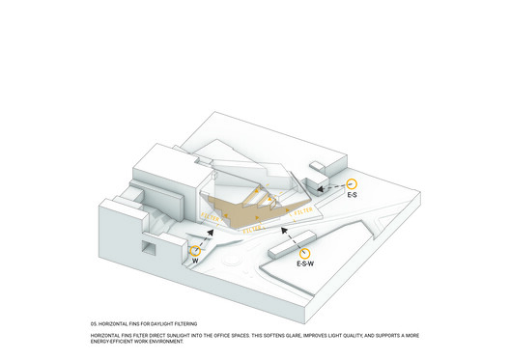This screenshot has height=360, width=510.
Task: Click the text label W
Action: click(x=196, y=261)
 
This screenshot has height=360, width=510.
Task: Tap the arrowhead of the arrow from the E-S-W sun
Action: click(x=281, y=230)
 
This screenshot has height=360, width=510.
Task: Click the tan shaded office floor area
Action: click(x=241, y=214)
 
